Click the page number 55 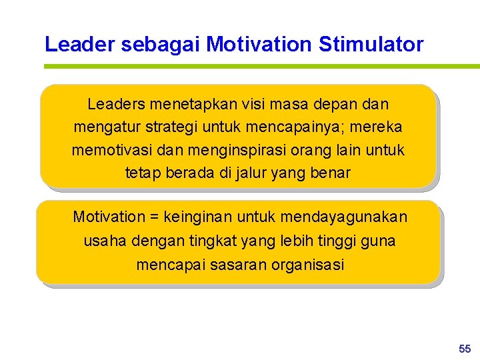(x=465, y=349)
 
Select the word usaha (x=103, y=241)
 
